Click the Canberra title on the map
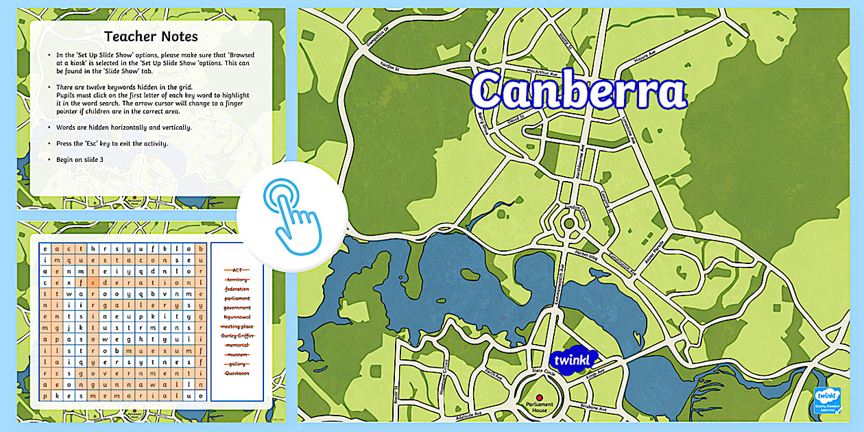[578, 91]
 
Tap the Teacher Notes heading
[151, 36]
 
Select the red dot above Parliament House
[539, 397]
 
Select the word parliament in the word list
[237, 298]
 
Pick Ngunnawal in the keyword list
[237, 317]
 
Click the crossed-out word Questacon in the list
[237, 373]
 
